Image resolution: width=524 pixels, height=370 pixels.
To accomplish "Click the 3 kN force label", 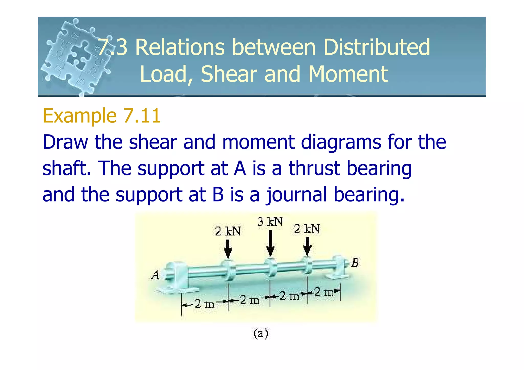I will [270, 221].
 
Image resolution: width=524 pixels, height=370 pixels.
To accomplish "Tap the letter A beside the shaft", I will [155, 275].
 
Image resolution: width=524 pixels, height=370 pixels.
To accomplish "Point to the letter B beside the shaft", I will [355, 263].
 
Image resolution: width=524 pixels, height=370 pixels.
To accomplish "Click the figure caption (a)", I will [261, 334].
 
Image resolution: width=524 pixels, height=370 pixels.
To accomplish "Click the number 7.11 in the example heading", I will [142, 116].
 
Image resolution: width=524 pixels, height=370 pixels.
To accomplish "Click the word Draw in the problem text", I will [65, 142].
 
